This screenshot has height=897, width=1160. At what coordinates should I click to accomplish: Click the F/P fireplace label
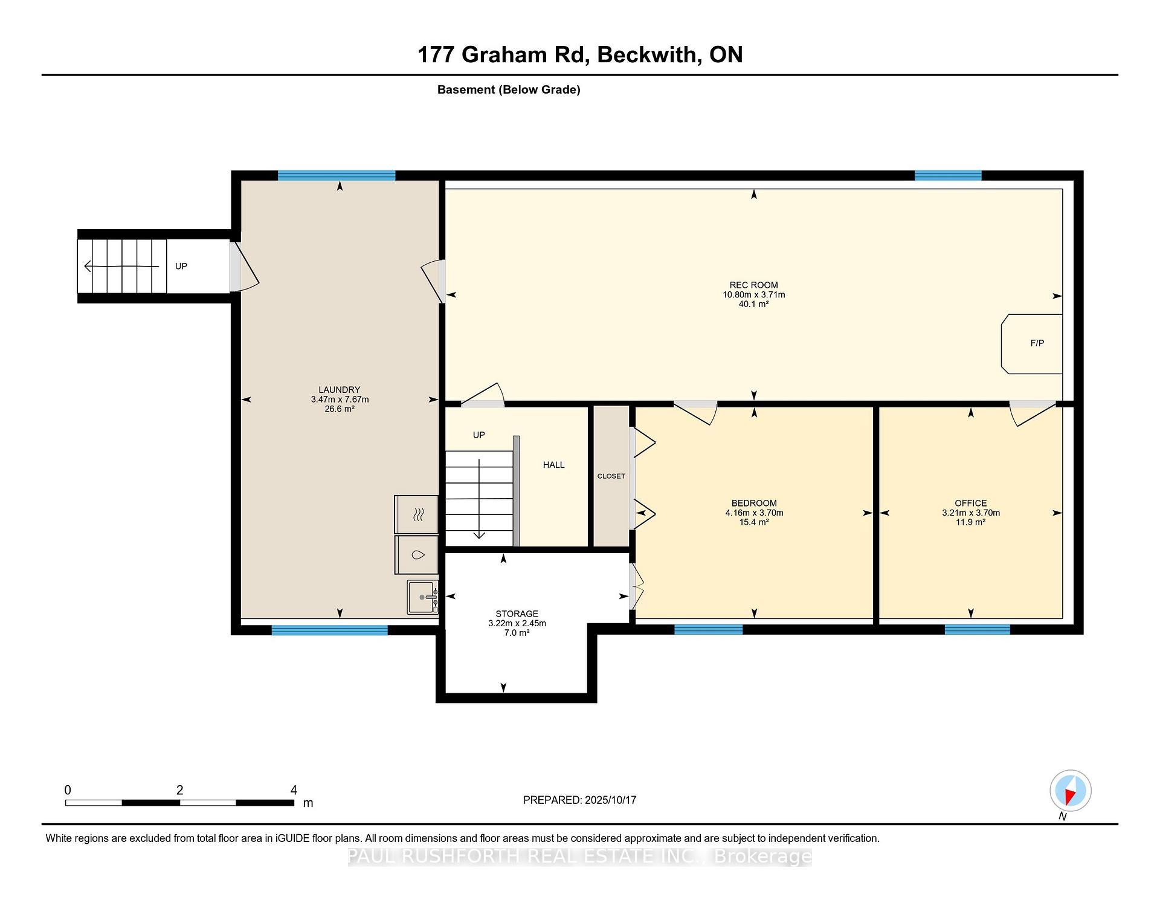(1037, 343)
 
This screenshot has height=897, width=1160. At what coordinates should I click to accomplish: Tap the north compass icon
(1070, 791)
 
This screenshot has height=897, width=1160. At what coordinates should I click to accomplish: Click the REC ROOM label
(753, 285)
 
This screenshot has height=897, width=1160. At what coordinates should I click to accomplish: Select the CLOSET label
(611, 476)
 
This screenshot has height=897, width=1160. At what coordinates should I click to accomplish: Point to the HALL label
(553, 465)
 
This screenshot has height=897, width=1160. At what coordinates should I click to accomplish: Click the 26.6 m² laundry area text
(340, 409)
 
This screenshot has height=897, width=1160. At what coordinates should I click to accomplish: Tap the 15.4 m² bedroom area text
(754, 522)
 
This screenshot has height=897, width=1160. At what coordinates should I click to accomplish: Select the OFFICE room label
(970, 503)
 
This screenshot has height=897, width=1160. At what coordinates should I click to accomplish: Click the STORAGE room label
(517, 614)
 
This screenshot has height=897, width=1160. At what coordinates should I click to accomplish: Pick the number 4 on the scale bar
(294, 790)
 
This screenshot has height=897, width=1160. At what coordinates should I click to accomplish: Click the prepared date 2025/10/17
(610, 800)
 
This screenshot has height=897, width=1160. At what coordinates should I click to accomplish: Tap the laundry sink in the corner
(422, 597)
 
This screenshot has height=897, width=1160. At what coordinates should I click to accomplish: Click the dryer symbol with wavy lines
(416, 514)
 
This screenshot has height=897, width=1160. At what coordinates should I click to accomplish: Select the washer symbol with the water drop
(416, 555)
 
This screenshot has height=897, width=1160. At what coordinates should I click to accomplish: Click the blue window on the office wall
(977, 629)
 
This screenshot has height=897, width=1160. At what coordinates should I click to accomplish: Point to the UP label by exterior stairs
(181, 266)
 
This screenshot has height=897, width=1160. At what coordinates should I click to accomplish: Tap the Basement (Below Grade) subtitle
(509, 89)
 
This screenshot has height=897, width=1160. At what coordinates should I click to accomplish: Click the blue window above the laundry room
(337, 175)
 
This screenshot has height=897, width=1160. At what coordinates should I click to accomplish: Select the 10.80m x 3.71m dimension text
(754, 295)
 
